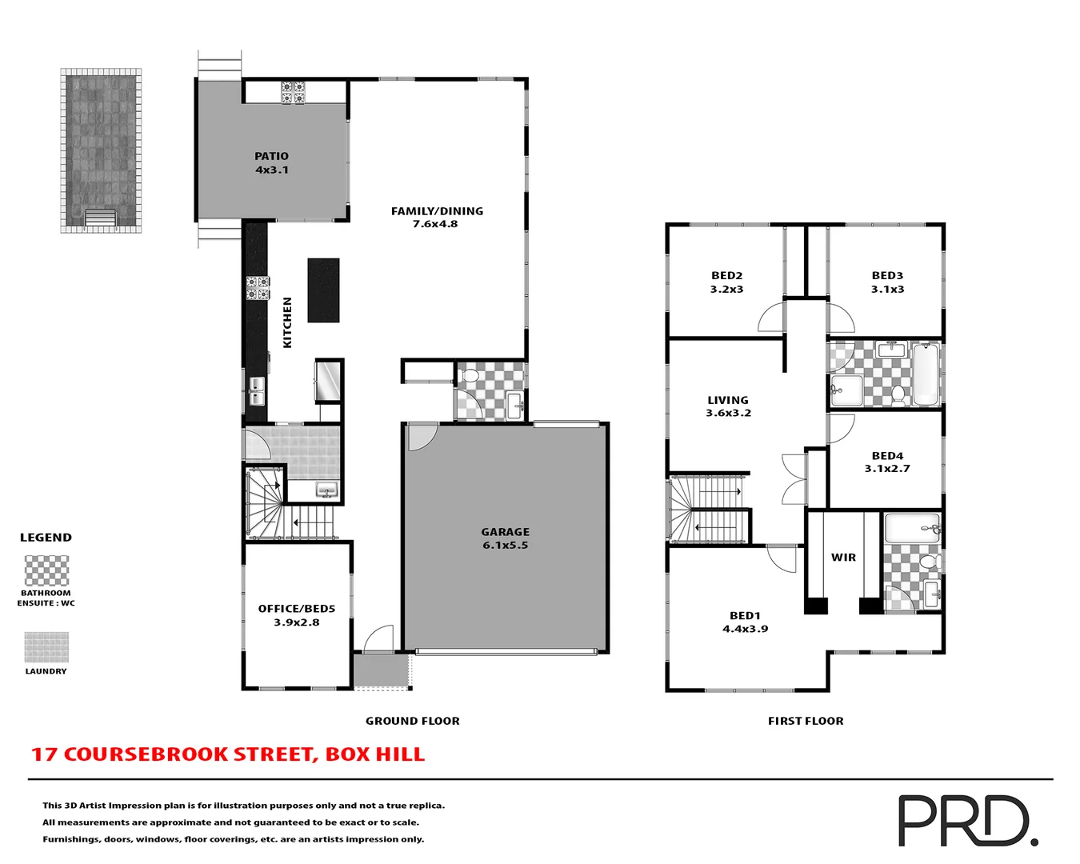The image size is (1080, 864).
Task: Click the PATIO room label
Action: [272, 162]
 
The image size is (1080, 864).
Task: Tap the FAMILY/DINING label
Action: [436, 217]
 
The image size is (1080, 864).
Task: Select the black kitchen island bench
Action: [323, 290]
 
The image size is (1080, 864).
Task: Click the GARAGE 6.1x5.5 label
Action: [505, 538]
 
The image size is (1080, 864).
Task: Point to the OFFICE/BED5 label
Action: [296, 614]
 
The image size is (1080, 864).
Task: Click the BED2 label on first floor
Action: [726, 282]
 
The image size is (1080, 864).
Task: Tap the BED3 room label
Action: [887, 282]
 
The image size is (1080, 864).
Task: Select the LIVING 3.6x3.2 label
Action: [728, 406]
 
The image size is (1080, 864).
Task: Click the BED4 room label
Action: [887, 462]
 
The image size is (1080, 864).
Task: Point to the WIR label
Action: [843, 558]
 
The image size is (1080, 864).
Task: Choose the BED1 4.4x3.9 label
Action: [745, 622]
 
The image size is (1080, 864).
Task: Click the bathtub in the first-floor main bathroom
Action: [926, 374]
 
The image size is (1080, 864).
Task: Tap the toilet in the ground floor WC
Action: [470, 375]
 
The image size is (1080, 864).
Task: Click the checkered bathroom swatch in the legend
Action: [46, 571]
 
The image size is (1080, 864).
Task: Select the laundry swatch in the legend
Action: [46, 647]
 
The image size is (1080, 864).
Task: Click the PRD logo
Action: [967, 821]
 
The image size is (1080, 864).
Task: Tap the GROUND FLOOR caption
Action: [412, 721]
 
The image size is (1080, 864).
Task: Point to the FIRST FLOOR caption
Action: [805, 721]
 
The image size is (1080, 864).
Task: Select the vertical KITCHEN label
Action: [287, 322]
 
